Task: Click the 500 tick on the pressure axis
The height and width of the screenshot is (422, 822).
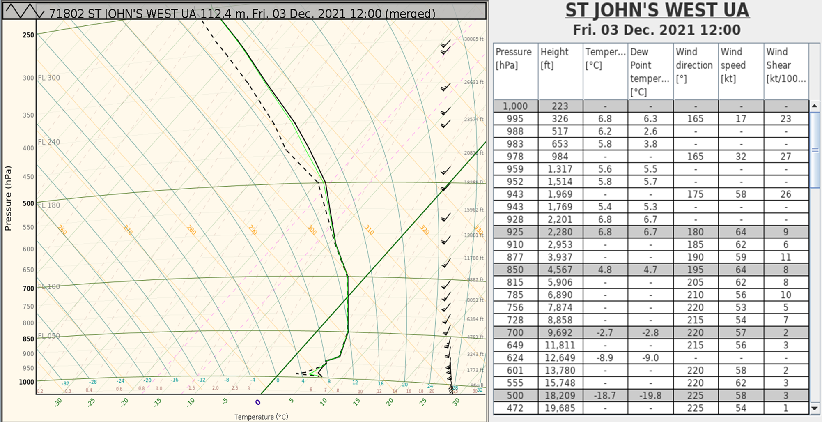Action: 28,203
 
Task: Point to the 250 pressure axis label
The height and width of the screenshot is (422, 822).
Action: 28,35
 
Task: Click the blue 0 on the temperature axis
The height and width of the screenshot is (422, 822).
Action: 258,402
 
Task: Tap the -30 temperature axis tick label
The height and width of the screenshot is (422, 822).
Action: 58,402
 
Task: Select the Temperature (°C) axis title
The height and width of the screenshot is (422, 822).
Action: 261,417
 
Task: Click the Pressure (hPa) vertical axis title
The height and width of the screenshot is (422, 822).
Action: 8,198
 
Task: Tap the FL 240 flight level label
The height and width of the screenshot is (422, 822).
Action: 49,142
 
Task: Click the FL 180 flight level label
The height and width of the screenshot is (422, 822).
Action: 49,205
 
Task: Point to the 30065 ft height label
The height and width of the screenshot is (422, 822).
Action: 474,39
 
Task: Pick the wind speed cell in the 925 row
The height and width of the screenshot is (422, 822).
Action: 741,232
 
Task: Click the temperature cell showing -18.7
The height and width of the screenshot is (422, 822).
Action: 605,395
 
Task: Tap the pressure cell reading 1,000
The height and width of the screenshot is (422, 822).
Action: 515,106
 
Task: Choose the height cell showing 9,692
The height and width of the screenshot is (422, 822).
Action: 560,332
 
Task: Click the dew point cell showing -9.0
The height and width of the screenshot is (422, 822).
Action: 650,357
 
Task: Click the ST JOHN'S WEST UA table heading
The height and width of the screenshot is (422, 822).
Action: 657,10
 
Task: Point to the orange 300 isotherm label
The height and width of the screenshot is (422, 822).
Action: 312,230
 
